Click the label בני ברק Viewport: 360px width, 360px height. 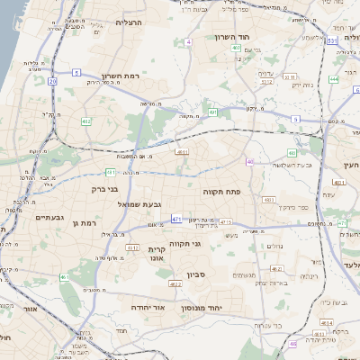point(105,190)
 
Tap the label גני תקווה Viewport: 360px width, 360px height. point(209,244)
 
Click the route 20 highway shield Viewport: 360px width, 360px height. point(53,82)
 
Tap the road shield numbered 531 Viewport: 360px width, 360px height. point(332,40)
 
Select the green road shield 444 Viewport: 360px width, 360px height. point(333,78)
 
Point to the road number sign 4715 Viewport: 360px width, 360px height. point(225,221)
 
